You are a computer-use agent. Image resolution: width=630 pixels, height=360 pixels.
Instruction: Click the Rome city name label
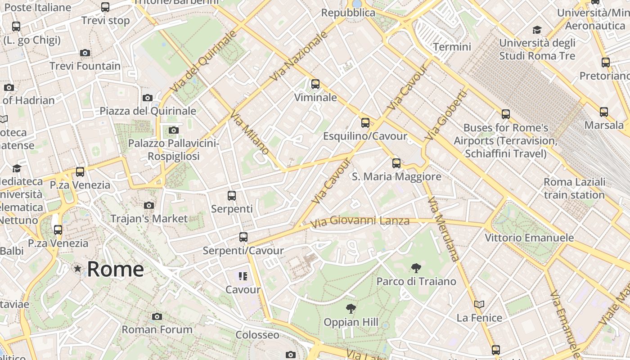tap(115, 269)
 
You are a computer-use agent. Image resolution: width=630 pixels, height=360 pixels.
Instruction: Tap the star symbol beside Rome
tap(78, 269)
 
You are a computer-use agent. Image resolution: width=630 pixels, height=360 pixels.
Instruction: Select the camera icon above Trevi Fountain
tap(85, 53)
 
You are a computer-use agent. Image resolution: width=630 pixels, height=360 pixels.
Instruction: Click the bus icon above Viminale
tap(315, 84)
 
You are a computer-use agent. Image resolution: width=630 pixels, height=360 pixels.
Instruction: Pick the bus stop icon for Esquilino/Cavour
tap(365, 123)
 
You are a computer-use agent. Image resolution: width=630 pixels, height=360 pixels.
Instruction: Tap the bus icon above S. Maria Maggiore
tap(396, 163)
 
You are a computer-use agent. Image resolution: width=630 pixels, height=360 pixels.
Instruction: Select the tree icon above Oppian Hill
tap(351, 309)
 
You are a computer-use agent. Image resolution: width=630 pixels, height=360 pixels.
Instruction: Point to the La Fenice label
tap(479, 318)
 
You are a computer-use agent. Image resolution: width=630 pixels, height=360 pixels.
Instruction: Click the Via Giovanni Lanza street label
tap(360, 221)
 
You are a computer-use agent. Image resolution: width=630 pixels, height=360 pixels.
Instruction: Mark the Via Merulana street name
tap(443, 229)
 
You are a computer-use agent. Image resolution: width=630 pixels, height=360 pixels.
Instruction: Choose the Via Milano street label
tap(249, 133)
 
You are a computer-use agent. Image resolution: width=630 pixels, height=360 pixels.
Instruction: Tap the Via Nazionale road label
tap(299, 57)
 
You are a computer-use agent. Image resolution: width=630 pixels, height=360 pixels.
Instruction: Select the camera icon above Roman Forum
tap(157, 316)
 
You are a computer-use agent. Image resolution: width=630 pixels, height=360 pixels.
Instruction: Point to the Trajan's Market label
tap(149, 219)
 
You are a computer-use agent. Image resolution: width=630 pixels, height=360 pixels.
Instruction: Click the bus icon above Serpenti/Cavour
tap(243, 237)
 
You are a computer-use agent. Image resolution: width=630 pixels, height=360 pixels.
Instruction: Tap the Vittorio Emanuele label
tap(529, 238)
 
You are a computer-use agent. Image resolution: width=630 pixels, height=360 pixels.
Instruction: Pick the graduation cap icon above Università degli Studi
tap(537, 30)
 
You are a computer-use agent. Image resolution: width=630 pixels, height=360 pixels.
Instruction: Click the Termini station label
tap(452, 47)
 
